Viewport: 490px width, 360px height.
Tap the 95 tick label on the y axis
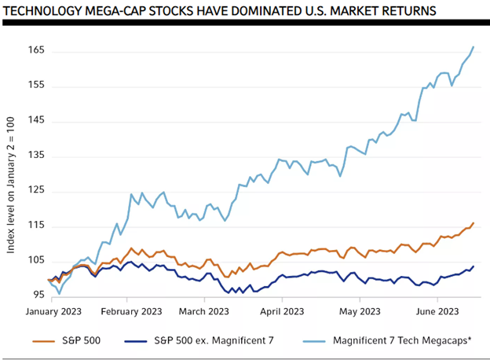(37, 296)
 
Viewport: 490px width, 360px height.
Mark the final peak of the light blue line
(473, 47)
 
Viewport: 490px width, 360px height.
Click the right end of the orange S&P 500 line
(473, 223)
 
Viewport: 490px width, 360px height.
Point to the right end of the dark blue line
(473, 266)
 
